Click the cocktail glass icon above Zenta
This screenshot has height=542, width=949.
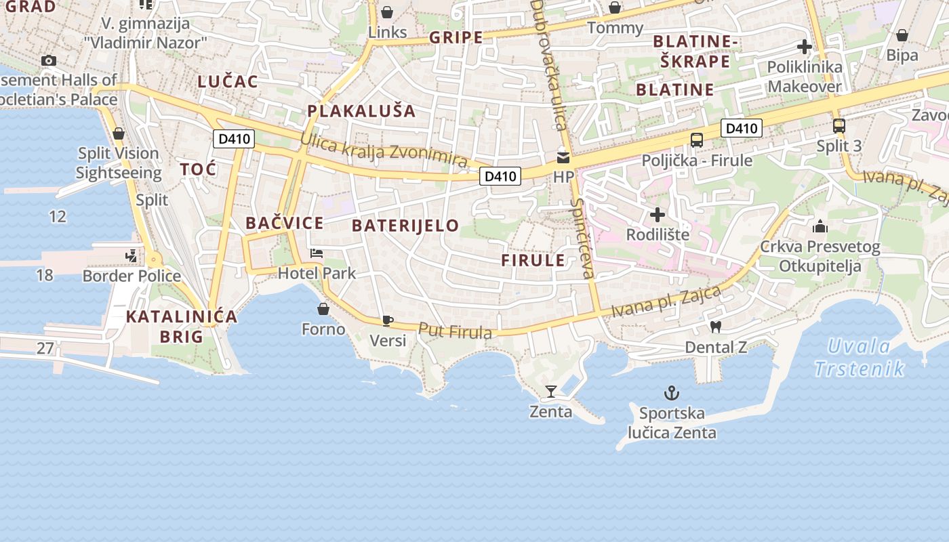[551, 391]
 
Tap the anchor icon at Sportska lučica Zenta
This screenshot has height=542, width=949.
[671, 393]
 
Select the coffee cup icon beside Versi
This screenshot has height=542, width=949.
[387, 320]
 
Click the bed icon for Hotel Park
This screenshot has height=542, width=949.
[317, 253]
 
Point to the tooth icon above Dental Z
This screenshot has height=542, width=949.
[714, 327]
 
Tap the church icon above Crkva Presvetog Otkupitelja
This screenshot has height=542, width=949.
[820, 226]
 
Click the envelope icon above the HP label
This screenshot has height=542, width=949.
[563, 158]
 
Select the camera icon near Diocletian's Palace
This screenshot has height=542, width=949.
[48, 60]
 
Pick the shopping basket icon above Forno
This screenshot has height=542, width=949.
[323, 309]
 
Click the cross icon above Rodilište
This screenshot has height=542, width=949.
[657, 215]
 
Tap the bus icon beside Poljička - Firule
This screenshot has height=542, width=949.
[696, 140]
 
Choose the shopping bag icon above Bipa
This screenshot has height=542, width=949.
[902, 35]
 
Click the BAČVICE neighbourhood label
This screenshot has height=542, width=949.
[284, 223]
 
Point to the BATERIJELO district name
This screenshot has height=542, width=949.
[405, 226]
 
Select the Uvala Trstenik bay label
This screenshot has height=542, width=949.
[859, 358]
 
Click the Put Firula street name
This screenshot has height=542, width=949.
[455, 331]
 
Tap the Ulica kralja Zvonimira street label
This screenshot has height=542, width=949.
[384, 150]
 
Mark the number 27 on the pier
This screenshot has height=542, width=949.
[45, 348]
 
